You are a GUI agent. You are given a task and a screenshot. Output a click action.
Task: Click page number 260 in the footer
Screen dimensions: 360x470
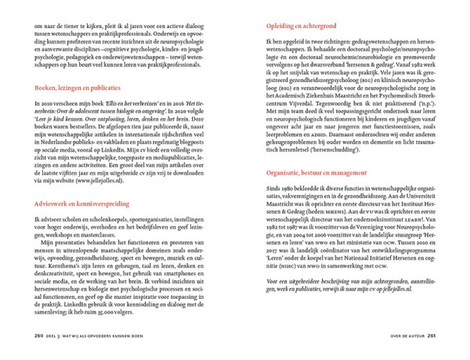point(38,338)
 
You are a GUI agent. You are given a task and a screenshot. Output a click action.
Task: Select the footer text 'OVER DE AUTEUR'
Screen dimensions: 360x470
point(403,338)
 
